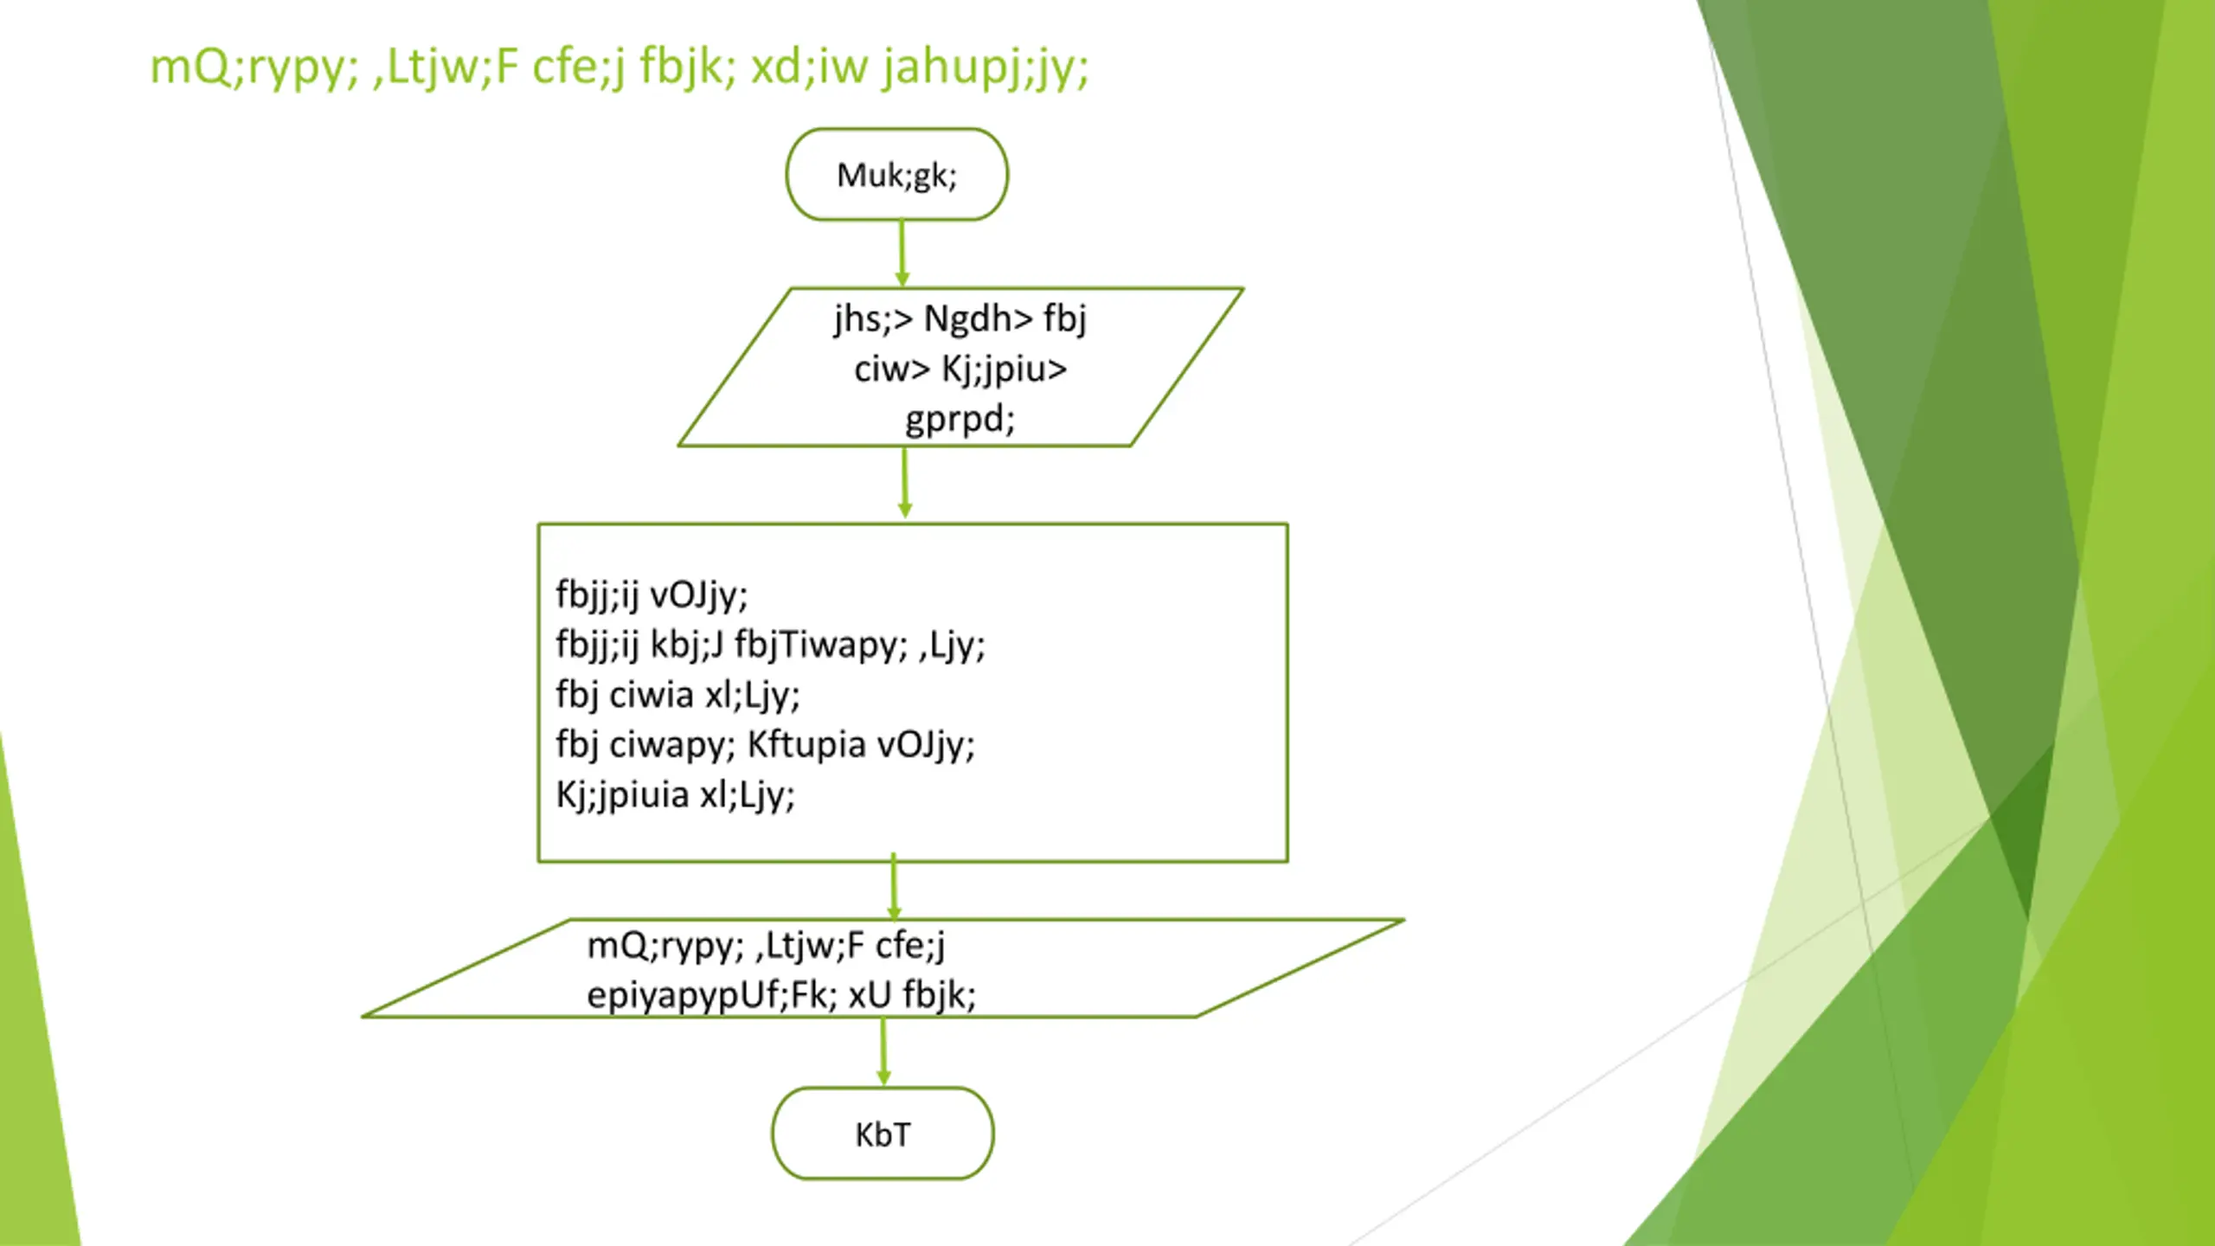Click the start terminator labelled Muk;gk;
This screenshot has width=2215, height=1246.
896,175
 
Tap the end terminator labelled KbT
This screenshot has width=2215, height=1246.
883,1134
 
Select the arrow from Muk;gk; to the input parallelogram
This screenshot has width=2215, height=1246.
902,253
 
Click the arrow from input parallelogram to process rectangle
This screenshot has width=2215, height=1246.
905,483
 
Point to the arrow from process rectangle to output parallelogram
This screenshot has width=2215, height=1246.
894,888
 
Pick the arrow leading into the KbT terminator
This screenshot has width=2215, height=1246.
883,1050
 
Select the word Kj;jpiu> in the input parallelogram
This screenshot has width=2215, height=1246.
1005,369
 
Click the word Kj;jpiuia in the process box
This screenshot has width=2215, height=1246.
623,795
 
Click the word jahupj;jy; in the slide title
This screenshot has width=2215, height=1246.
986,67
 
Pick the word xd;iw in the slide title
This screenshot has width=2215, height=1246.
809,67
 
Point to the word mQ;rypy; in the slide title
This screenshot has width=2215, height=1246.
254,67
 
